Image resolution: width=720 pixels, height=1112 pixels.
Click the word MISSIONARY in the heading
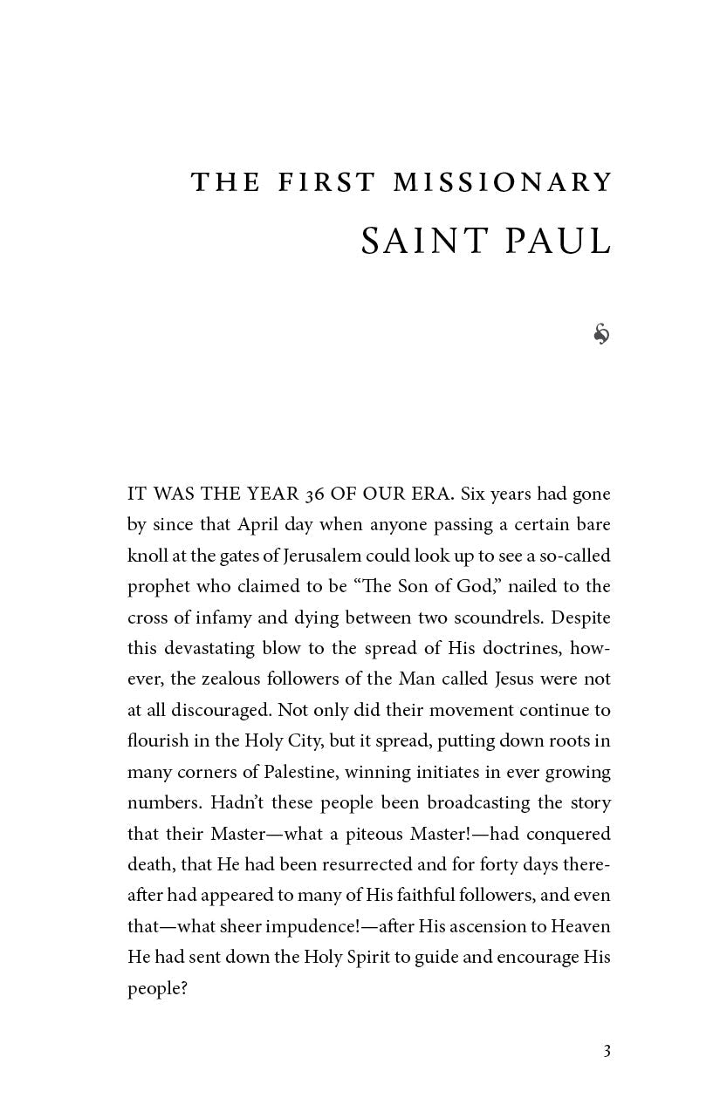click(503, 182)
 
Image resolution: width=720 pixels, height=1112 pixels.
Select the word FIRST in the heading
click(326, 182)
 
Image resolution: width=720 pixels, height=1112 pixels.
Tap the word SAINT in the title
click(415, 242)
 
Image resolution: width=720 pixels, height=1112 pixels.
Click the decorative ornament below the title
click(601, 333)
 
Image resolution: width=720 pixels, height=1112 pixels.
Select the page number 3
click(607, 1051)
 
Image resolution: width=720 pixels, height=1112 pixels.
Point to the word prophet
click(159, 587)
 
